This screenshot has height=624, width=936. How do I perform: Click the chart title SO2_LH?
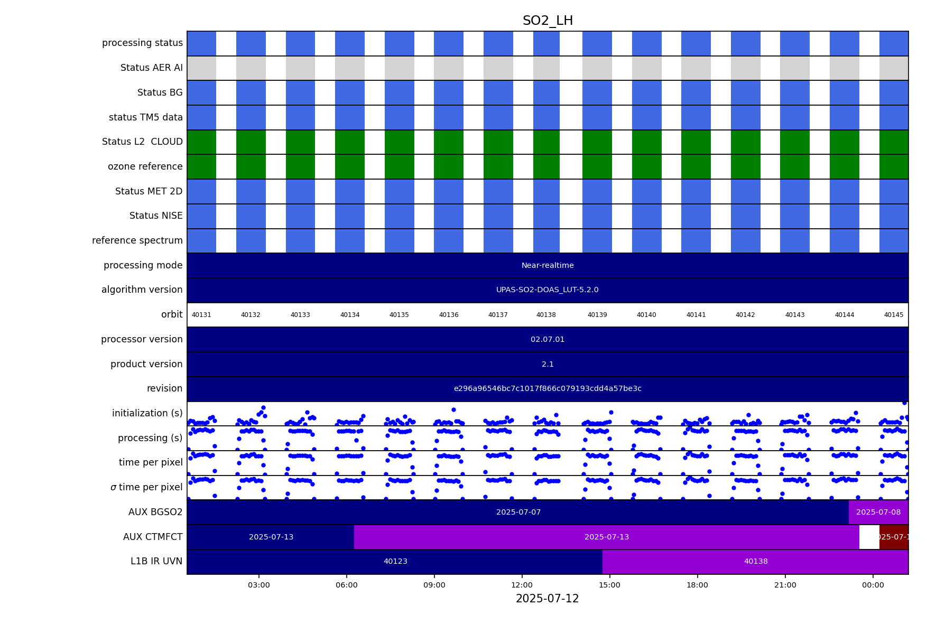(548, 21)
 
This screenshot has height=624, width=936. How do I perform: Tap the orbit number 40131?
(201, 315)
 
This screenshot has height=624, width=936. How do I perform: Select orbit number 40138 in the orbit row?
(546, 315)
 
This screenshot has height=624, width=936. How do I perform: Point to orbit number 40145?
(894, 315)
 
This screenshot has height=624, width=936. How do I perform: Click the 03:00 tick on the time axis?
(259, 585)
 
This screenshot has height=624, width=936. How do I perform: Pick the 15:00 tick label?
(609, 585)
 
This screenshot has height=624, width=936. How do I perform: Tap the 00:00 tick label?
(873, 585)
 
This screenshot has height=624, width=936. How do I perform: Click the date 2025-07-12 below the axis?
(548, 599)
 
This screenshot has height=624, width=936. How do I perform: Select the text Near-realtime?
(548, 265)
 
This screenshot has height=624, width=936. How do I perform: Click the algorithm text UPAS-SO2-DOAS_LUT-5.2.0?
(548, 290)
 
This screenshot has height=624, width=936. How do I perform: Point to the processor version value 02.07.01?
(548, 339)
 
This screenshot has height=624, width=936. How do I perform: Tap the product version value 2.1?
(548, 364)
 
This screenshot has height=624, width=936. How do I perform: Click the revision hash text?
(548, 389)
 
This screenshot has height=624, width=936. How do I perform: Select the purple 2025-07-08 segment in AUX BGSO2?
(878, 512)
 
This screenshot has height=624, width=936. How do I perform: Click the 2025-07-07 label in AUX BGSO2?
(518, 512)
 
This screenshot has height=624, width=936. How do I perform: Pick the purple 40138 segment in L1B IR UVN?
(756, 562)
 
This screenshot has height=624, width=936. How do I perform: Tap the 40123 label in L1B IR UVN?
(395, 562)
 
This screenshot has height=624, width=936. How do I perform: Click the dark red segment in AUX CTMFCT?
(894, 537)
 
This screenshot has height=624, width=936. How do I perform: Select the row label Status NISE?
(156, 216)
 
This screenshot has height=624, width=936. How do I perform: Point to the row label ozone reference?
(145, 166)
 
